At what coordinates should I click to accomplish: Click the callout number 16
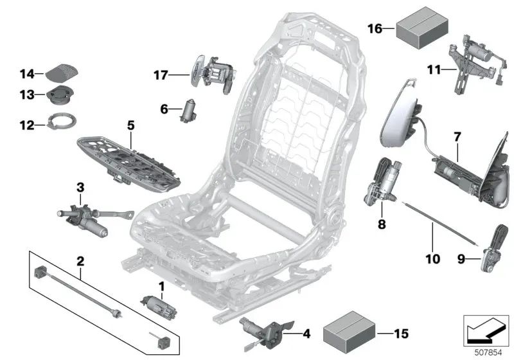[375, 28]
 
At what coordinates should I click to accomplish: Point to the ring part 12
[63, 120]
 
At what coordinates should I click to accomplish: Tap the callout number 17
[160, 75]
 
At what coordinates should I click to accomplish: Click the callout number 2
[80, 261]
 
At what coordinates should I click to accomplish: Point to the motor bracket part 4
[260, 330]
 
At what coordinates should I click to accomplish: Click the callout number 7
[457, 136]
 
